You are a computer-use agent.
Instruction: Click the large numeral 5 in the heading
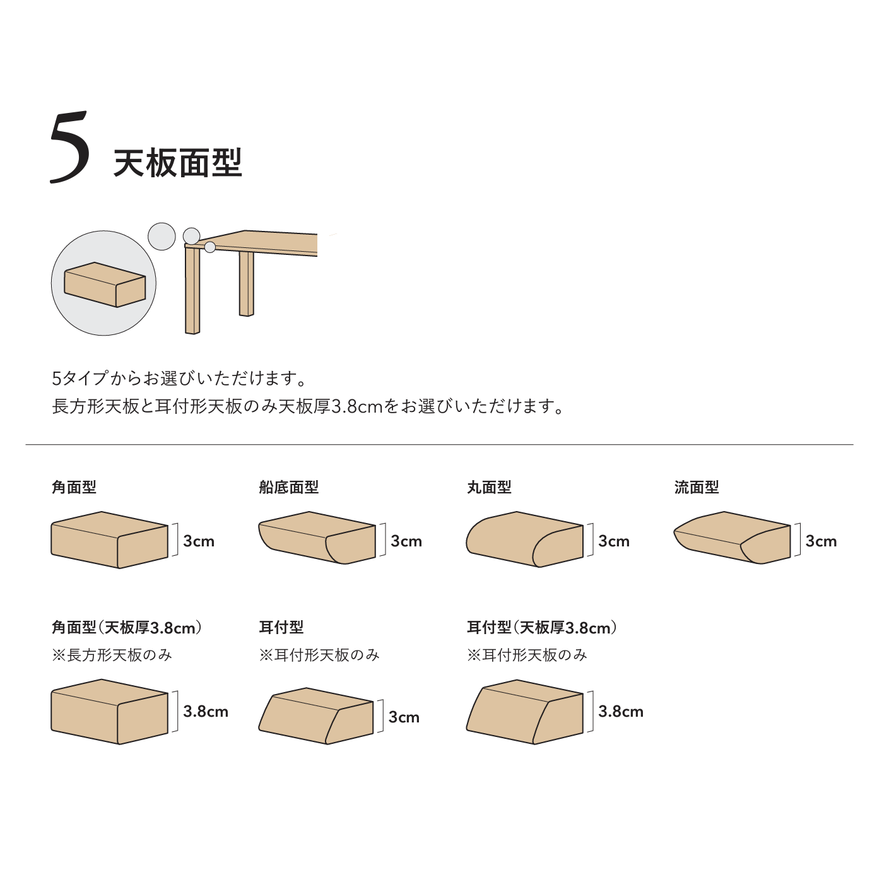tap(69, 147)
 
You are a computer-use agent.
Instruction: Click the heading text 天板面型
tap(177, 163)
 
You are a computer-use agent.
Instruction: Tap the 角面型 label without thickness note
tap(74, 488)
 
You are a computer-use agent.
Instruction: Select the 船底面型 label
tap(288, 488)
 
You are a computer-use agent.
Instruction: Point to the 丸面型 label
tap(489, 488)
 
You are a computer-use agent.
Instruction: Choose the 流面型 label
tap(697, 488)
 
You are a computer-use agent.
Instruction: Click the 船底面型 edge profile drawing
tap(317, 538)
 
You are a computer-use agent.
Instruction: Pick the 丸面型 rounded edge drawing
tap(524, 539)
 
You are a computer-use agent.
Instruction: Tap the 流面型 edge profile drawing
tap(732, 538)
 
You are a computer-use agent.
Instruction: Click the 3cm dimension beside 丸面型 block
tap(613, 541)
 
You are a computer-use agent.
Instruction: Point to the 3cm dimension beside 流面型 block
tap(821, 541)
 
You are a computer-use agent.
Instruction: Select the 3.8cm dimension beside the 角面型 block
tap(206, 711)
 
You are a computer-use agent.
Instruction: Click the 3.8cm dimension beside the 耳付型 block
tap(621, 711)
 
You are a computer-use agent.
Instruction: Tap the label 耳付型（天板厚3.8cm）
tap(542, 628)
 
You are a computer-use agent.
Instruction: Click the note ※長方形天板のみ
tap(112, 656)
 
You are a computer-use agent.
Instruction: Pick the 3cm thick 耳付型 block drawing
tap(316, 716)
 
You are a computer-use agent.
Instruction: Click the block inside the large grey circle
tap(105, 285)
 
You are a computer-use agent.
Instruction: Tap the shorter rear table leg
tap(246, 283)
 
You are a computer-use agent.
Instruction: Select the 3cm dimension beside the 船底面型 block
tap(406, 541)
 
